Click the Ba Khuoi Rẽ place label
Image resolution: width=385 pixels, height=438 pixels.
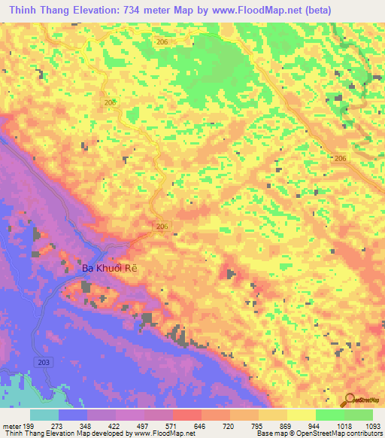(111, 267)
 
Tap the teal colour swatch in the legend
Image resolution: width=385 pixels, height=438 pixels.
(44, 415)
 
